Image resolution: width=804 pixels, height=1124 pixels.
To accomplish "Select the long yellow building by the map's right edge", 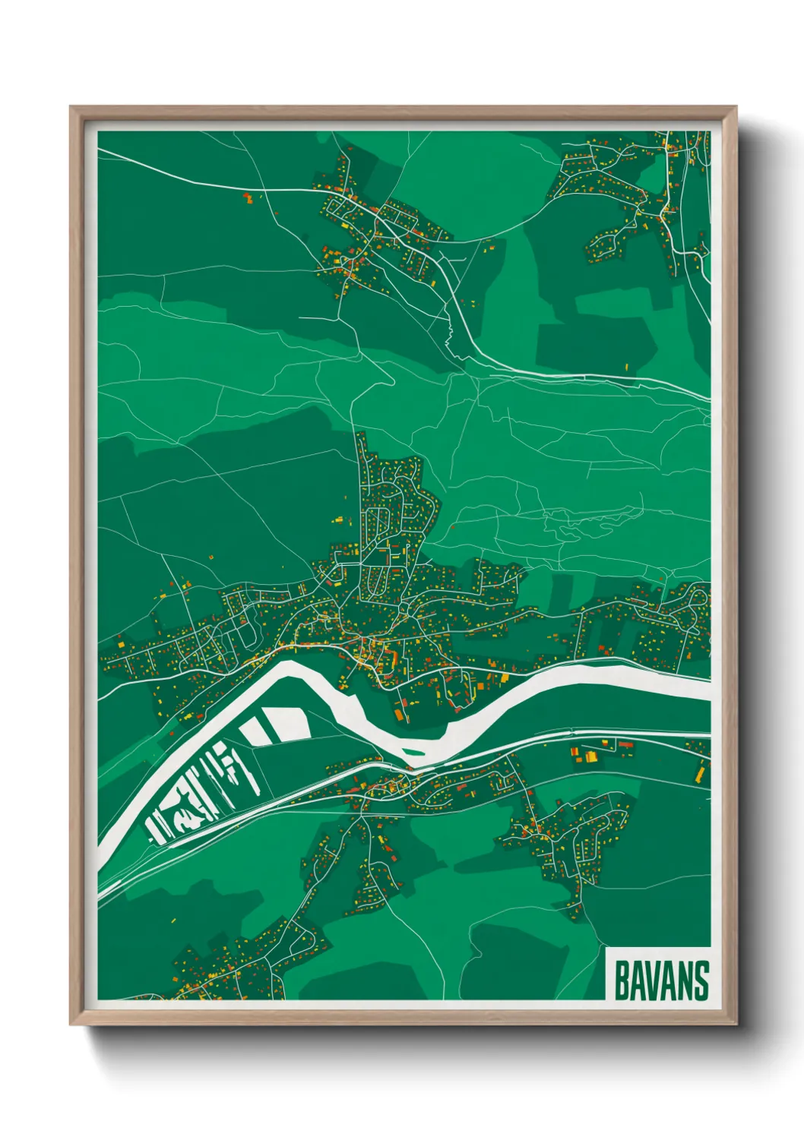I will pyautogui.click(x=700, y=773).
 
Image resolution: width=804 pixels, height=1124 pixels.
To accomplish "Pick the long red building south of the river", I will pyautogui.click(x=625, y=745).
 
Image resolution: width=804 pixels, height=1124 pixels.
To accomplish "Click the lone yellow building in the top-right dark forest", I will pyautogui.click(x=628, y=366).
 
